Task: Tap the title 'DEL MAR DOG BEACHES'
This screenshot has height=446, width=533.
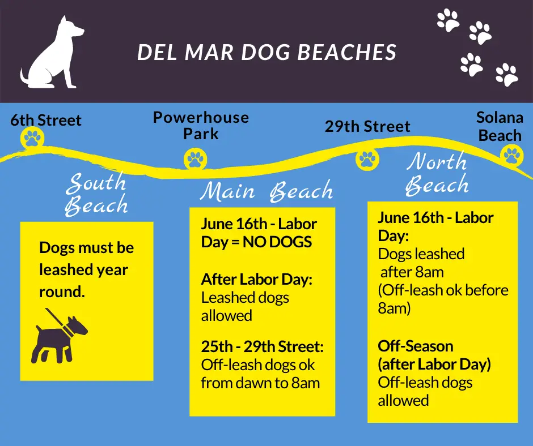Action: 267,53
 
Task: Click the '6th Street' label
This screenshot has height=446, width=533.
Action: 45,120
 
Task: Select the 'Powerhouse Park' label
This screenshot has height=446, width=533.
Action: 201,125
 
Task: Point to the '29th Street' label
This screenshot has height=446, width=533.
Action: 367,126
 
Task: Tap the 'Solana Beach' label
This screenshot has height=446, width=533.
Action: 500,126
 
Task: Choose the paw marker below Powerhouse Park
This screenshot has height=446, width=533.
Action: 196,159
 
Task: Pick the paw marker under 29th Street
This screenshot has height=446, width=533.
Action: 367,159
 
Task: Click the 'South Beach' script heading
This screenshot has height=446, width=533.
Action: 96,194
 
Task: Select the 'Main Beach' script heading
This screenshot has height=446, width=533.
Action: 266,191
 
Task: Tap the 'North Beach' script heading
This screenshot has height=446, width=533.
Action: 437,174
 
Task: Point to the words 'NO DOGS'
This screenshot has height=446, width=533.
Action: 277,242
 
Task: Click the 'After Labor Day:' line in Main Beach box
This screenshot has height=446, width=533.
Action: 257,280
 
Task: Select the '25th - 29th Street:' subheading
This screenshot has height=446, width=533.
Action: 262,346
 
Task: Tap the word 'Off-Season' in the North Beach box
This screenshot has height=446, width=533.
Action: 416,346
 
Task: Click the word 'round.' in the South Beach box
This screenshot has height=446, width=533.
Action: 62,292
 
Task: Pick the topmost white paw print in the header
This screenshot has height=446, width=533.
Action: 448,20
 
